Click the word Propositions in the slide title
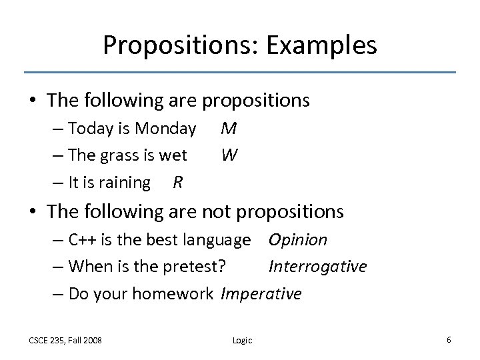(181, 45)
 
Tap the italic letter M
(229, 127)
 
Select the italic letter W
(229, 155)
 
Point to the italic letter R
(178, 182)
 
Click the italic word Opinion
(297, 240)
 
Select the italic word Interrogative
(317, 267)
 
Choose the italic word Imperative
(261, 293)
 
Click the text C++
(83, 240)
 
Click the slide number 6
(449, 339)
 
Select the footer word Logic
(242, 340)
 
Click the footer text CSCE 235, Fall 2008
(65, 340)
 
